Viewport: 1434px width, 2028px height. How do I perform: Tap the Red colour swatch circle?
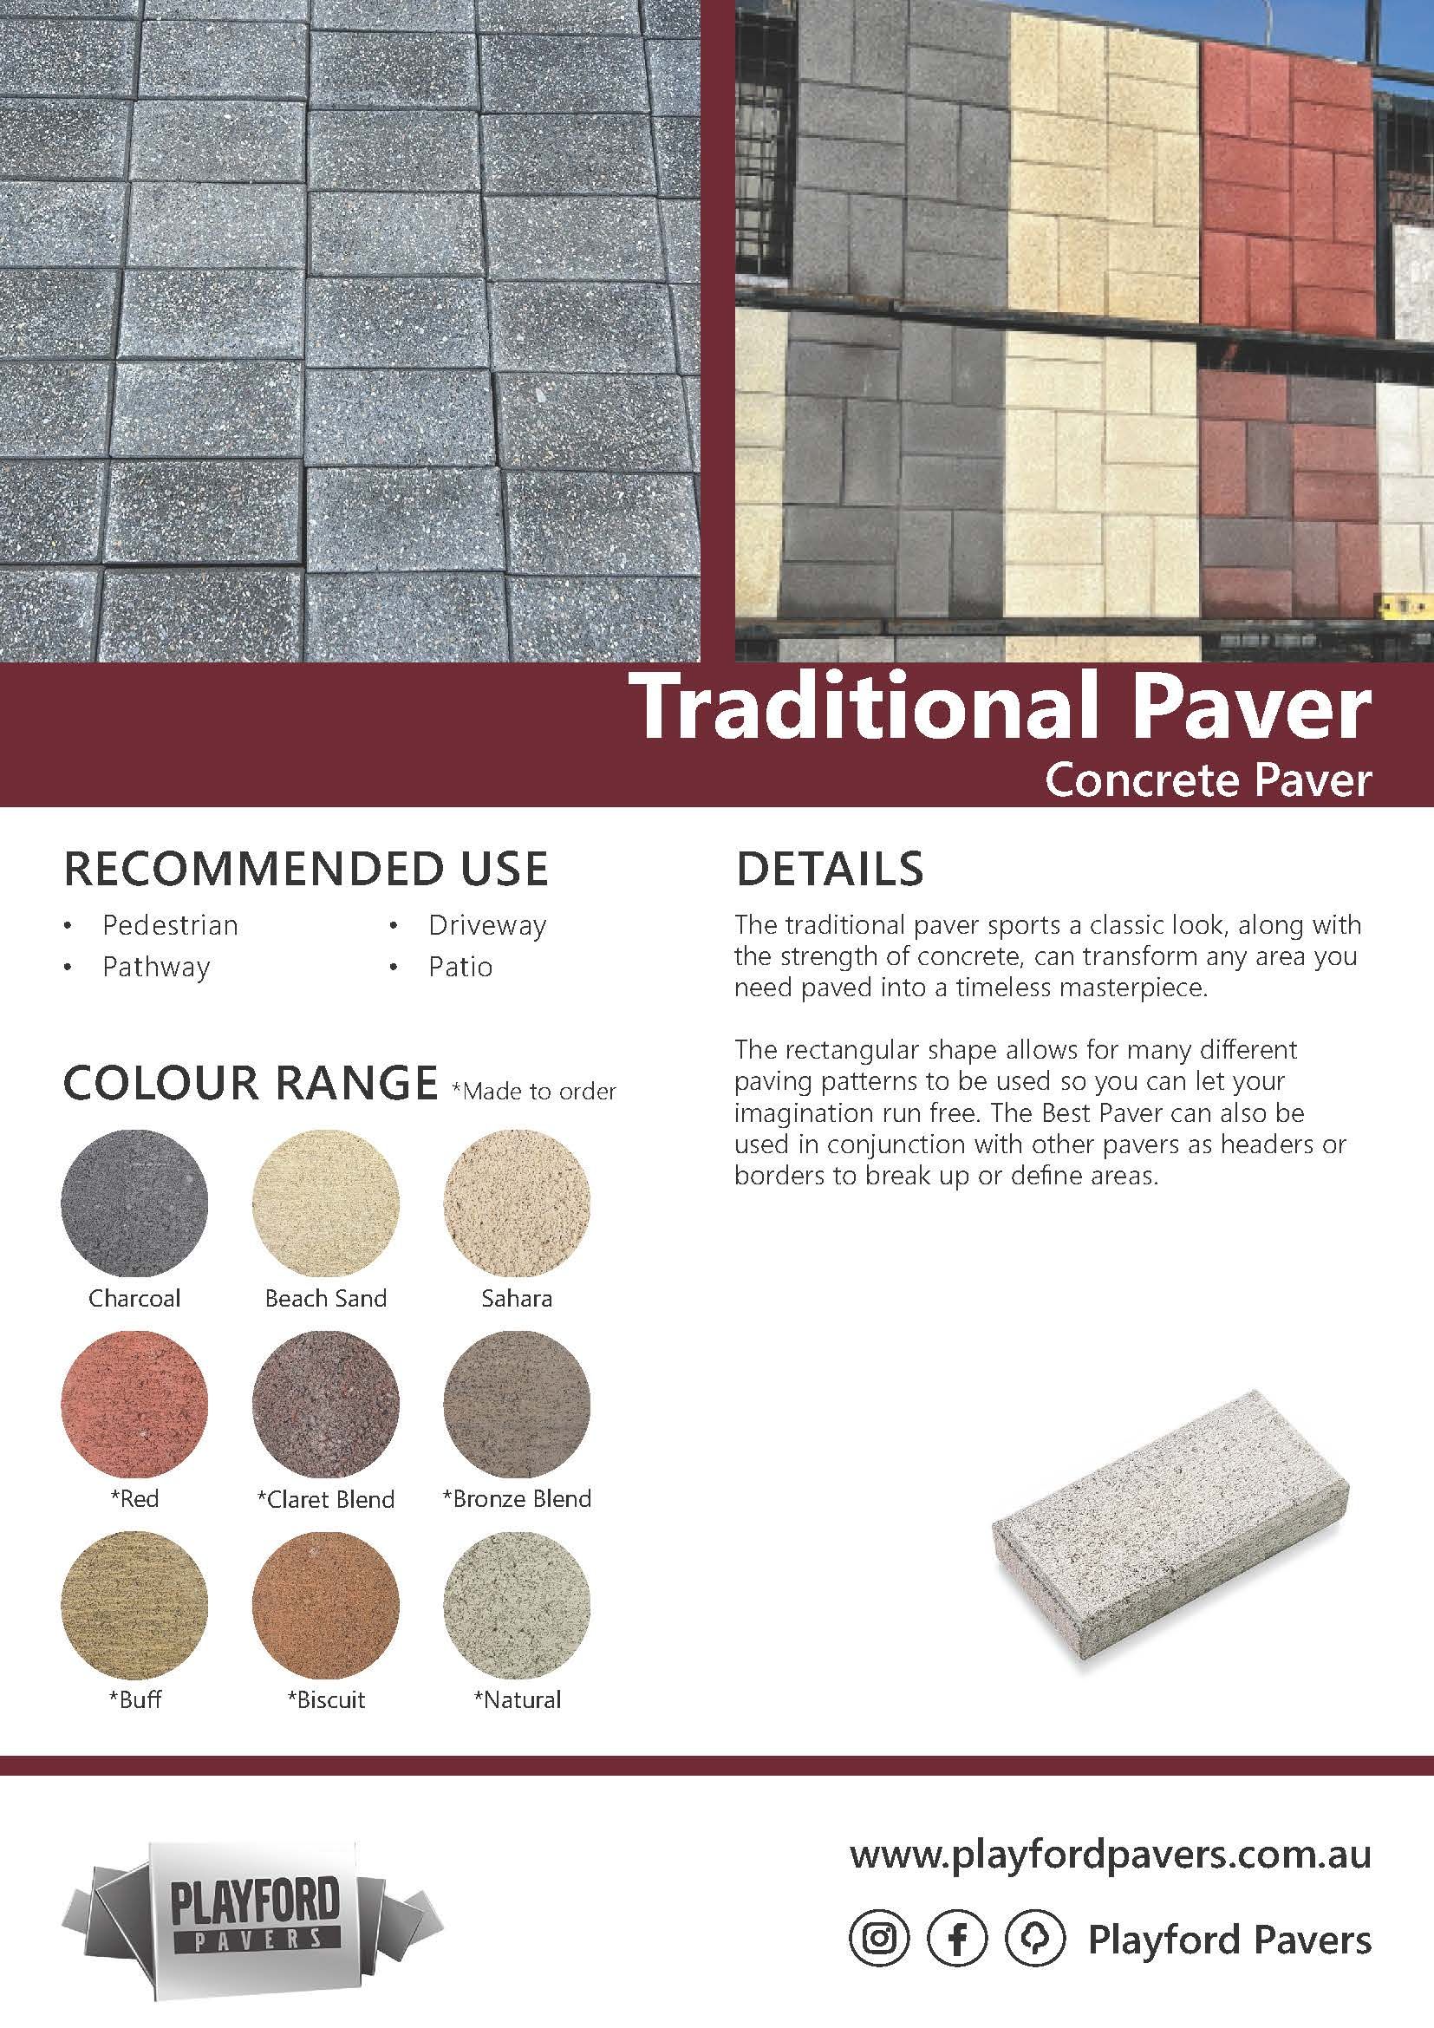(x=135, y=1403)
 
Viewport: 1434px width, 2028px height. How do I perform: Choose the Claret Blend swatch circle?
(x=326, y=1403)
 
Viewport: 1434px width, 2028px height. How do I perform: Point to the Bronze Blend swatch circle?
(x=518, y=1403)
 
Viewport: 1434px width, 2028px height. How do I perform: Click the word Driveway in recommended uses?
(x=487, y=926)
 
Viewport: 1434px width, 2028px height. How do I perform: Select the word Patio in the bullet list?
(x=460, y=968)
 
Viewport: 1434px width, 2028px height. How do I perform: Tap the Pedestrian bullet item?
(x=171, y=926)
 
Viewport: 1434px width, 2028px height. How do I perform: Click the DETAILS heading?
(x=829, y=869)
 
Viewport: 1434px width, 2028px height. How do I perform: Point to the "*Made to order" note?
(x=533, y=1092)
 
